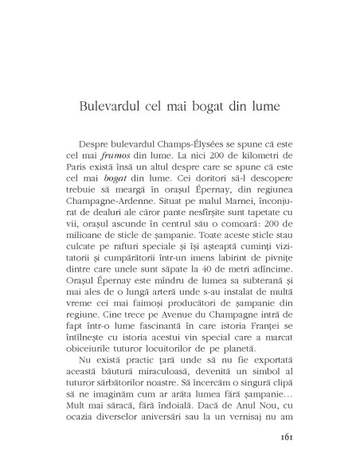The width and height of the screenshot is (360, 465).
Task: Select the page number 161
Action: (x=289, y=436)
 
